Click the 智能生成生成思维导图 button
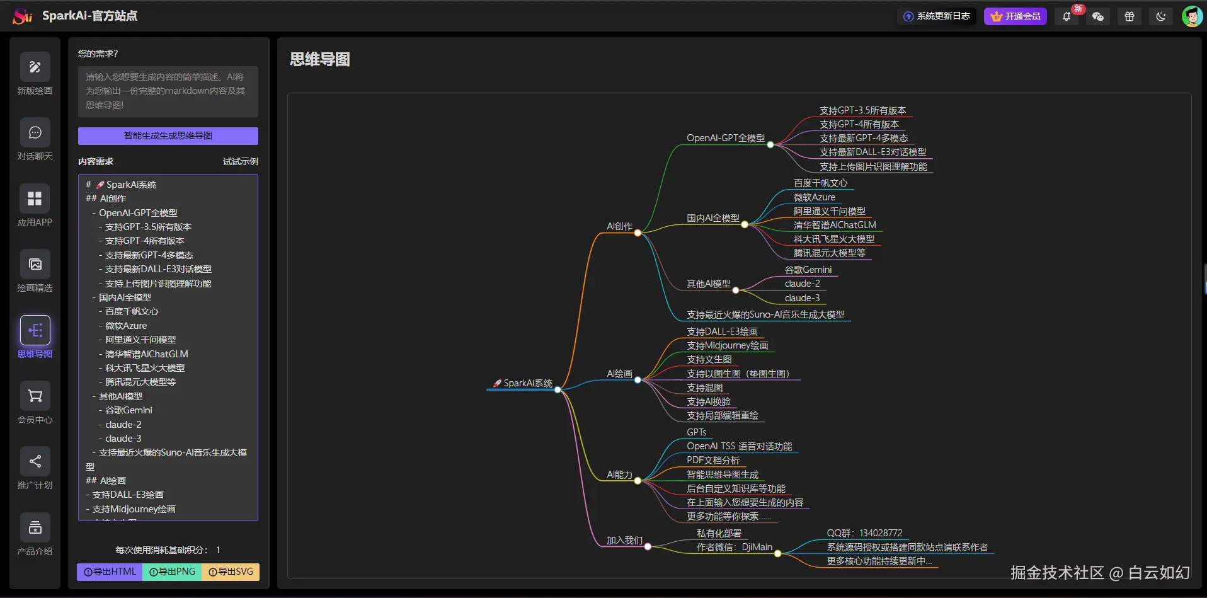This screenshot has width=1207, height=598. click(x=168, y=135)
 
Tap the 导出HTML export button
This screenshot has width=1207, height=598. click(x=110, y=572)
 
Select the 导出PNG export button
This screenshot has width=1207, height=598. click(x=173, y=572)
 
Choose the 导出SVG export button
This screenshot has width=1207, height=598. click(x=231, y=572)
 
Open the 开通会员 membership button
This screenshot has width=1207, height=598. click(x=1015, y=16)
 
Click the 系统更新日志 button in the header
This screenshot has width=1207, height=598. click(x=937, y=16)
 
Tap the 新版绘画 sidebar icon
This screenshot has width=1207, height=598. click(x=35, y=67)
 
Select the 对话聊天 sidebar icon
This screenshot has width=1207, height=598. click(x=35, y=133)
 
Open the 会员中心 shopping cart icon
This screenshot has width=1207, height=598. click(x=35, y=396)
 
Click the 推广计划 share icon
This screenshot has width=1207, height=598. click(x=35, y=462)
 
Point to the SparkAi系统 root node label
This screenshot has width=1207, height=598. click(x=528, y=383)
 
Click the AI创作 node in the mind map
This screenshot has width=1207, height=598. click(x=619, y=226)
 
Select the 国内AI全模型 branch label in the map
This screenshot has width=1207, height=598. click(x=712, y=218)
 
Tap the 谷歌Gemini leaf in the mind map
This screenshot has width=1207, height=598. click(x=808, y=270)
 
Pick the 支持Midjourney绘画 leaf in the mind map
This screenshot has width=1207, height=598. click(x=727, y=345)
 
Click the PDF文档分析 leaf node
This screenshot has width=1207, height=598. click(x=712, y=460)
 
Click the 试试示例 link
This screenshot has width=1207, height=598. click(x=240, y=161)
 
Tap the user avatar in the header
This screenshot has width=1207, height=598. click(x=1191, y=16)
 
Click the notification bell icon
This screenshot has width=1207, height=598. click(x=1067, y=17)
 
